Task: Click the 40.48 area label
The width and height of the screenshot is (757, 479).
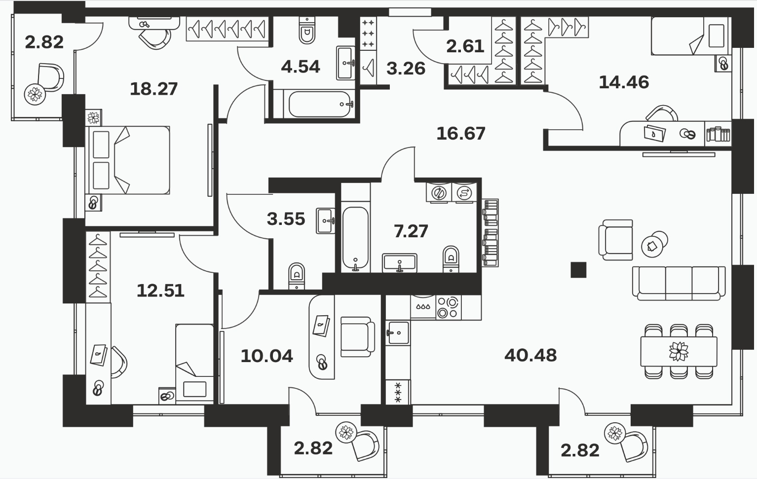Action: click(530, 355)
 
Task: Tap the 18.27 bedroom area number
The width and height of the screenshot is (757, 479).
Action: click(154, 89)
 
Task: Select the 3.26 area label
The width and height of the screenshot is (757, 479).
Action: click(406, 69)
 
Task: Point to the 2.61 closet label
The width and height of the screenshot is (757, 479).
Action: click(465, 46)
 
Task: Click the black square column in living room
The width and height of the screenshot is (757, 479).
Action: click(578, 270)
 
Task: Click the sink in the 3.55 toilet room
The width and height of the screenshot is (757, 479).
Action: click(326, 221)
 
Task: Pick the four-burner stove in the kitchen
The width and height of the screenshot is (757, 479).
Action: click(449, 307)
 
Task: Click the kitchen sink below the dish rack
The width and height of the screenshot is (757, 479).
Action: click(398, 332)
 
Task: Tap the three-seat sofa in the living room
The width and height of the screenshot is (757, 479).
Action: click(679, 283)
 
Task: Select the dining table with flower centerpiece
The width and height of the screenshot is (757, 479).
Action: click(679, 351)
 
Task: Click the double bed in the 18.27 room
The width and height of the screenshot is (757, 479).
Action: click(128, 160)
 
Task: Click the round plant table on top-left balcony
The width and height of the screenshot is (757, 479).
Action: click(35, 94)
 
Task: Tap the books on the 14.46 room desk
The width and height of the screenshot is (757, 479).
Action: click(719, 134)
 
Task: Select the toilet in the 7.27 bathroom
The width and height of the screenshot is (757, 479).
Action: click(451, 259)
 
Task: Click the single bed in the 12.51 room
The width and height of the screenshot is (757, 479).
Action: click(194, 363)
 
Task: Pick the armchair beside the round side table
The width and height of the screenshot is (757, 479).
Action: click(615, 240)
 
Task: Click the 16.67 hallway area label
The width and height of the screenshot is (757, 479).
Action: click(461, 134)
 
